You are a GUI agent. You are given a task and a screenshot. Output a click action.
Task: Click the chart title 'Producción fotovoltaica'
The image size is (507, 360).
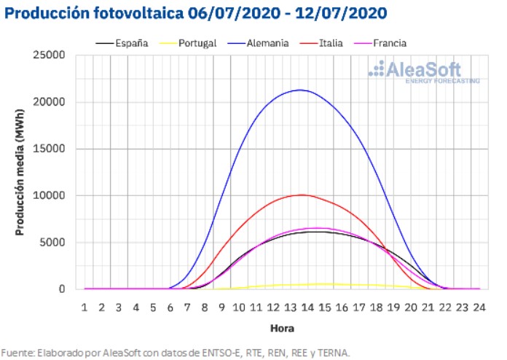[94, 14]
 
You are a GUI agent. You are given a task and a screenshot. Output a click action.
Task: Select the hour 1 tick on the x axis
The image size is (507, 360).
[84, 307]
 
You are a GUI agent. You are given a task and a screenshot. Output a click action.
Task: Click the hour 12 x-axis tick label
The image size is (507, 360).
[273, 307]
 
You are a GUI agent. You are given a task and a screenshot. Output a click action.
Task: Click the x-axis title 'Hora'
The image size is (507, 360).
[282, 328]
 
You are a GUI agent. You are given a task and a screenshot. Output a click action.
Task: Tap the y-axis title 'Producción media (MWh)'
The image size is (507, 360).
[19, 173]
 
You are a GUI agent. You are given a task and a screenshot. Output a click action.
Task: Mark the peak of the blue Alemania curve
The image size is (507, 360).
[300, 90]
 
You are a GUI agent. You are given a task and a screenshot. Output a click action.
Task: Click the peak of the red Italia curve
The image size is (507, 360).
[301, 195]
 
